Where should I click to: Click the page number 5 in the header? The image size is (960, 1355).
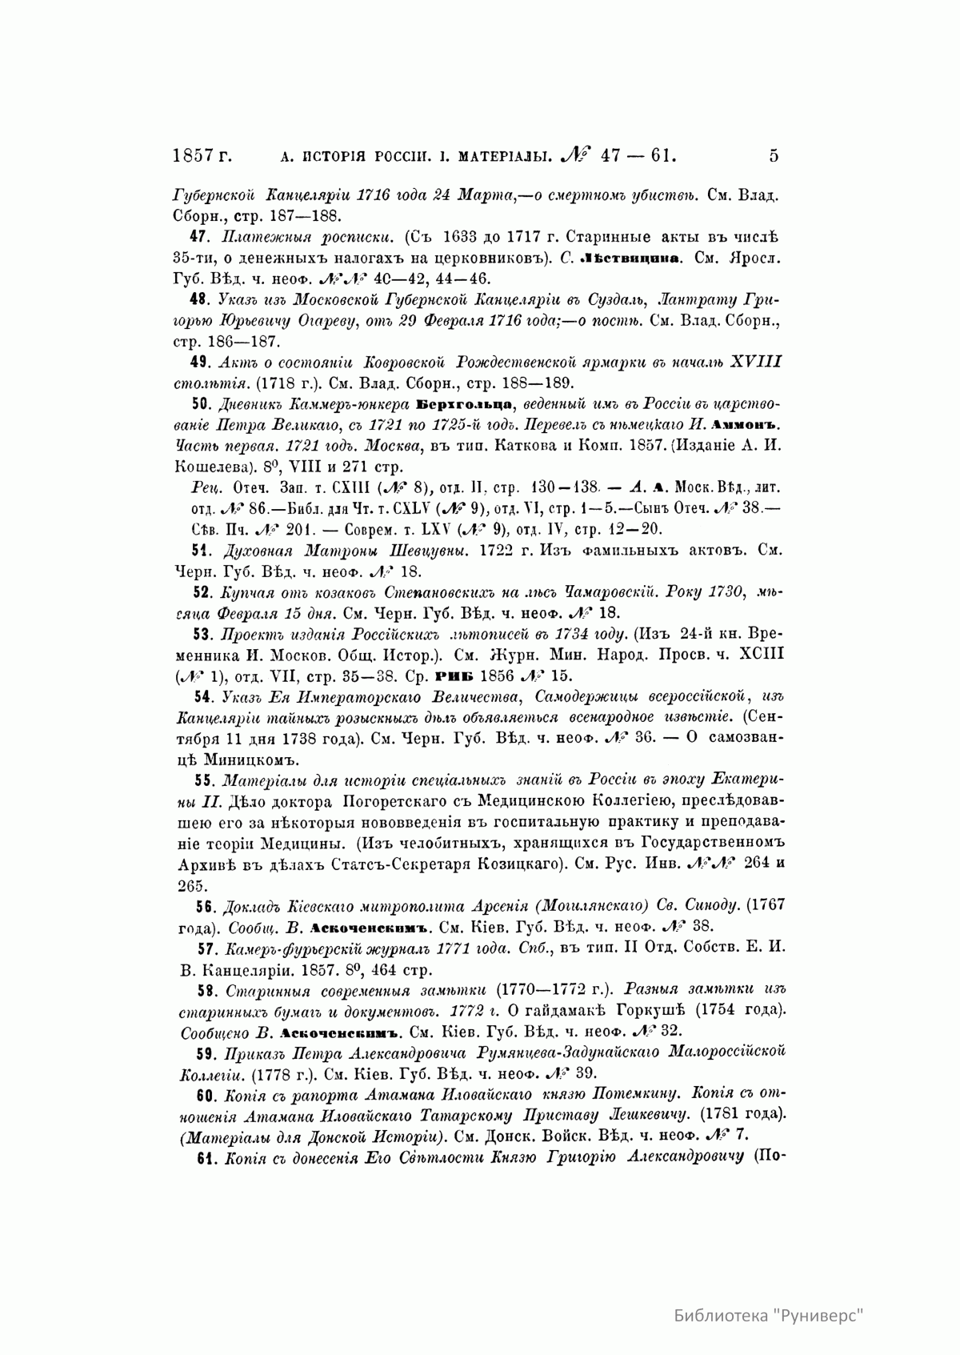[x=773, y=156]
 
